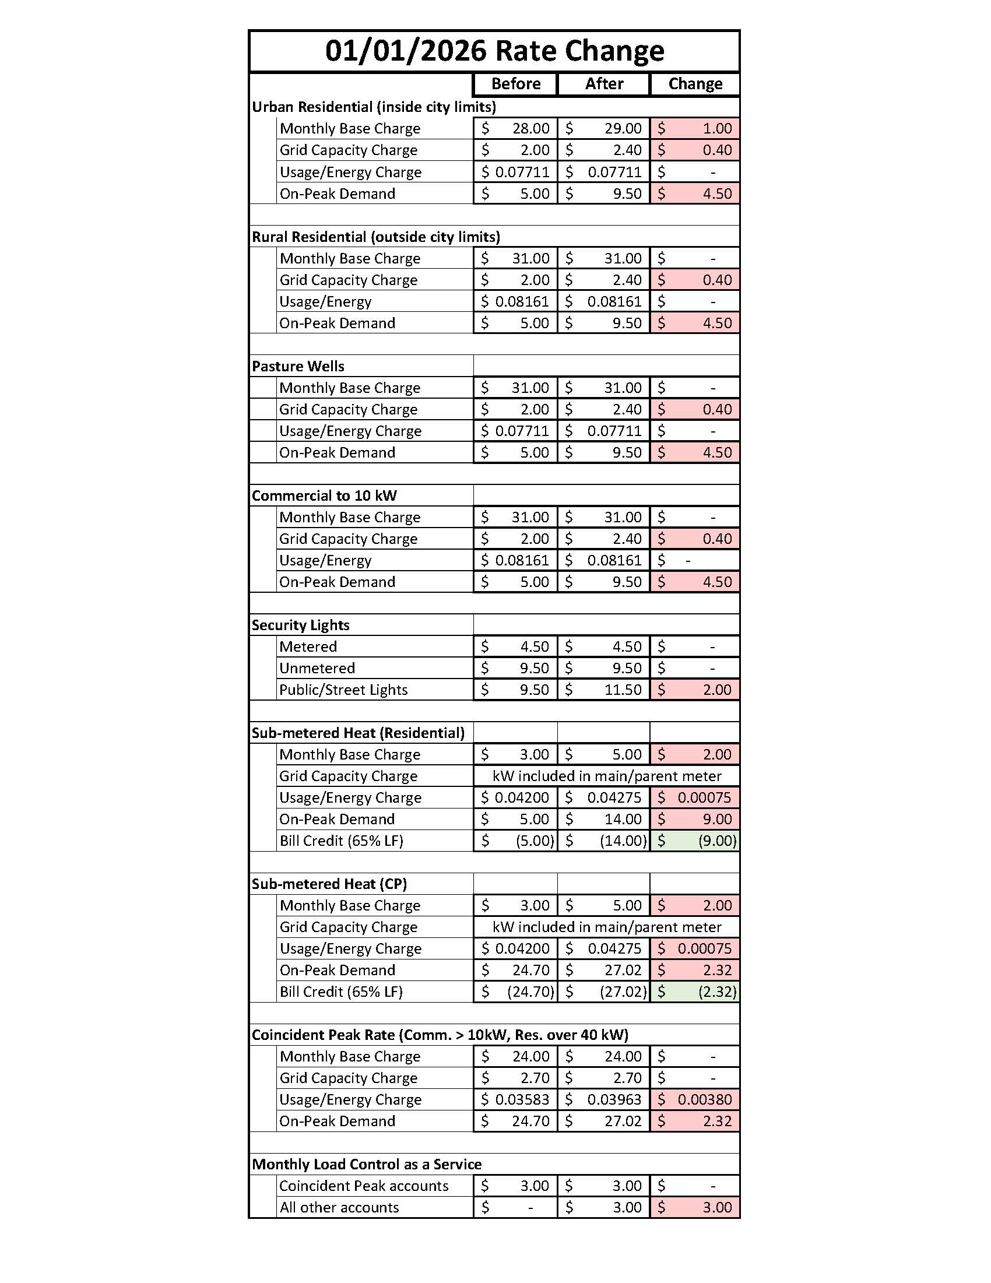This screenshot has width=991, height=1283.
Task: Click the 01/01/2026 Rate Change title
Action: [494, 51]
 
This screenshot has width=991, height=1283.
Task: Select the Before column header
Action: [515, 84]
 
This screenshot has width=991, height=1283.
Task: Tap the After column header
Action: [604, 84]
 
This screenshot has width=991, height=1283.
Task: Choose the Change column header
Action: [695, 84]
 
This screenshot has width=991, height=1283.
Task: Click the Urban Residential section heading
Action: [374, 107]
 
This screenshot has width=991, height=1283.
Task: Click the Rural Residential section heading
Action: [376, 237]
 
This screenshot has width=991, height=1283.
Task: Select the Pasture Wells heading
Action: [298, 367]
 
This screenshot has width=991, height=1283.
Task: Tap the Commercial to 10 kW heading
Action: [324, 496]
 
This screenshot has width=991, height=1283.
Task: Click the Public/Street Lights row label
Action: [343, 690]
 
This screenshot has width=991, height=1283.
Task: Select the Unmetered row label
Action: [317, 669]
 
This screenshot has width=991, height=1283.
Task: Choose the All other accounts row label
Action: [339, 1208]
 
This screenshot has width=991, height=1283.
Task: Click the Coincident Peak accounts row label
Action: [364, 1186]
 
